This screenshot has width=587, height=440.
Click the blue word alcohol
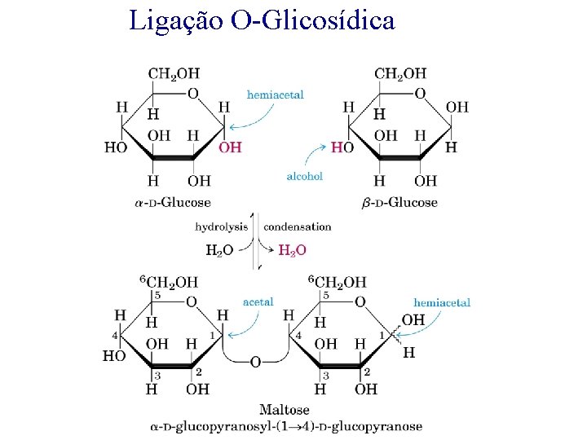tap(304, 176)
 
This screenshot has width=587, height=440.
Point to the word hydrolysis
tap(221, 227)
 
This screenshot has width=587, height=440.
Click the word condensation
tap(298, 227)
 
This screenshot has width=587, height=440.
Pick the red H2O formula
tap(293, 250)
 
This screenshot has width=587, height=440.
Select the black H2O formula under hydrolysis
tap(219, 250)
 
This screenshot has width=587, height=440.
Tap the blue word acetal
tap(258, 301)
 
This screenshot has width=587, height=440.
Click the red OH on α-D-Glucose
tap(231, 147)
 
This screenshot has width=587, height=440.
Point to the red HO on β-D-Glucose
tap(342, 147)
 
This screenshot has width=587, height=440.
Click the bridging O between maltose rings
tap(255, 362)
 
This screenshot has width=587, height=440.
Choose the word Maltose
tap(284, 409)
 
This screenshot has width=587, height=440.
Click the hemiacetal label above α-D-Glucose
tap(276, 95)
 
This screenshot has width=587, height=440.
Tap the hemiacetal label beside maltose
tap(442, 302)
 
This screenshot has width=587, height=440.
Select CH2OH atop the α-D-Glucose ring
tap(174, 73)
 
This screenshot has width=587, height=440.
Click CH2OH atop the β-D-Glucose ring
tap(400, 73)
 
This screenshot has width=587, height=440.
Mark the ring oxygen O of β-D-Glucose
tap(420, 93)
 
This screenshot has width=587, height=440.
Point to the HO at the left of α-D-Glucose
tap(116, 147)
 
